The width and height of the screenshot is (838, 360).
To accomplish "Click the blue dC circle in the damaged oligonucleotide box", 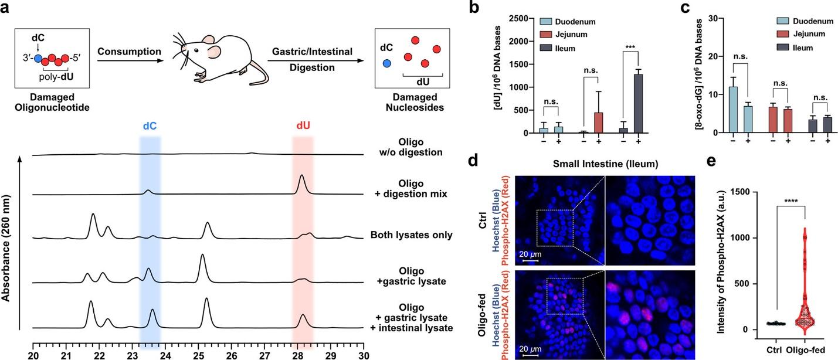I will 39,59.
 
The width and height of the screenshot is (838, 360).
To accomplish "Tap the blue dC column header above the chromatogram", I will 150,125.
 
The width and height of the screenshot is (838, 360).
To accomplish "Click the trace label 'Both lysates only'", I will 412,236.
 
